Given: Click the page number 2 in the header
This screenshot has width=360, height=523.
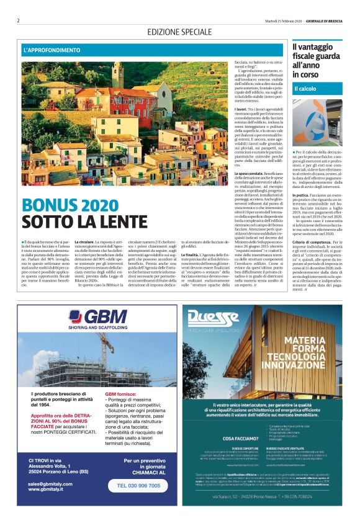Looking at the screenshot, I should coord(19,21).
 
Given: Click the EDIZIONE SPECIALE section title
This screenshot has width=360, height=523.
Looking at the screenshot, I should coord(179,32).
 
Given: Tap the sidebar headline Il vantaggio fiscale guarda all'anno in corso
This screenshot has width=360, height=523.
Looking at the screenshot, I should coord(315,61).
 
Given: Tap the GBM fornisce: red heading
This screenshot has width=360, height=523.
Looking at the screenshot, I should coord(122,394).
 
